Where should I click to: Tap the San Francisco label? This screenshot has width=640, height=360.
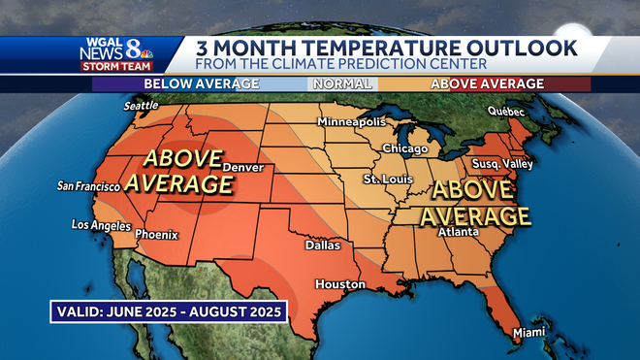(x=94, y=185)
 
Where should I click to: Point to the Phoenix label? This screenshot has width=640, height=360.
(x=156, y=234)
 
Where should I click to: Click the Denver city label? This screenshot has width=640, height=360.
(x=242, y=168)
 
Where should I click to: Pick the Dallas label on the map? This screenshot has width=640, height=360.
(x=323, y=245)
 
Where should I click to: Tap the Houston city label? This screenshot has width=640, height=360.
(x=339, y=284)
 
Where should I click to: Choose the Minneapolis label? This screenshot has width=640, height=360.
(x=352, y=122)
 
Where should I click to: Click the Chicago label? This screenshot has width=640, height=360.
(x=404, y=148)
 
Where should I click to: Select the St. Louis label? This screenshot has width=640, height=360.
(x=383, y=180)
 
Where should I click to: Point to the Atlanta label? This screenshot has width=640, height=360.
(x=458, y=233)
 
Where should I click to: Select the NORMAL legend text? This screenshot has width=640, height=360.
(x=335, y=83)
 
